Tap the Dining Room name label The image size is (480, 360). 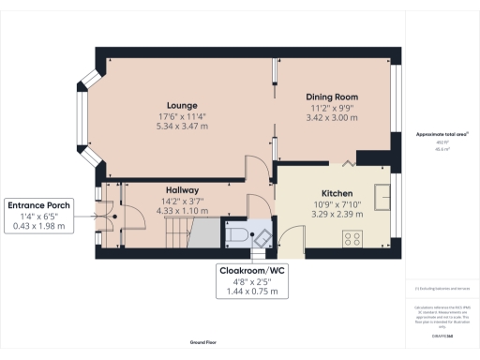pyautogui.click(x=332, y=97)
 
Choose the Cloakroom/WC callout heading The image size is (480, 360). pyautogui.click(x=252, y=271)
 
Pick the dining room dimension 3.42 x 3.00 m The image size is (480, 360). pyautogui.click(x=332, y=120)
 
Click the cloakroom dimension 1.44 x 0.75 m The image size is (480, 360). pyautogui.click(x=252, y=293)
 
